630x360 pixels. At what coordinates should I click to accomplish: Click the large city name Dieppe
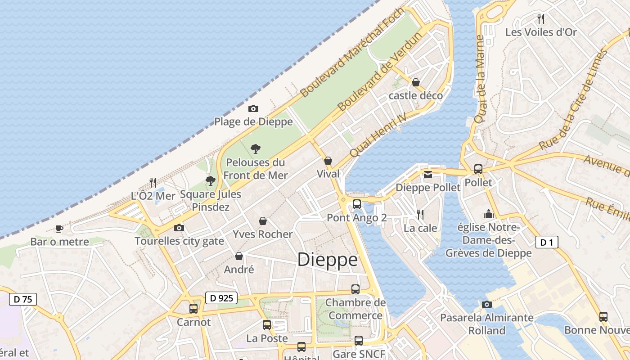[x=327, y=260]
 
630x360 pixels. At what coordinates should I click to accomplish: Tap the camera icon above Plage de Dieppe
[x=253, y=108]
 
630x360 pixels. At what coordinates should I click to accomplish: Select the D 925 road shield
[x=221, y=297]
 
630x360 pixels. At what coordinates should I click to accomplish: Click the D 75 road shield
[x=22, y=299]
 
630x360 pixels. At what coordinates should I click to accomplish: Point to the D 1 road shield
[x=547, y=243]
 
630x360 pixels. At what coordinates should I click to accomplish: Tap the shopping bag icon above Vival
[x=328, y=161]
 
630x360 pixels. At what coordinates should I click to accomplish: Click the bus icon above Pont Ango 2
[x=357, y=204]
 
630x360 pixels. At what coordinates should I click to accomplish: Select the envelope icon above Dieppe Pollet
[x=427, y=174]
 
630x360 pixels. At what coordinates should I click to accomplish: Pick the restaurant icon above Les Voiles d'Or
[x=541, y=19]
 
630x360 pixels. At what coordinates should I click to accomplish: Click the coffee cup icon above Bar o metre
[x=59, y=229]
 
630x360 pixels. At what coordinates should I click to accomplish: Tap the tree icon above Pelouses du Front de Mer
[x=256, y=148]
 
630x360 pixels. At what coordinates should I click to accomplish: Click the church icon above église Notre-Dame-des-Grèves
[x=489, y=214]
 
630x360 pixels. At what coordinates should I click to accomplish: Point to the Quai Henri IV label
[x=378, y=135]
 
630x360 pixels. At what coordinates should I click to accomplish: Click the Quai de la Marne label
[x=480, y=79]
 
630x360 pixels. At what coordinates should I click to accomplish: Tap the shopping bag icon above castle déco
[x=416, y=82]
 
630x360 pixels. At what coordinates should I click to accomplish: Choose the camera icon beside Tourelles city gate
[x=179, y=228]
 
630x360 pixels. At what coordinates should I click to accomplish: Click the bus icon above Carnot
[x=193, y=309]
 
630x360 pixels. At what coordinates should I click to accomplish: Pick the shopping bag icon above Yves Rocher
[x=263, y=221]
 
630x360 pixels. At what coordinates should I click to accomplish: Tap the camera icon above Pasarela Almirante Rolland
[x=486, y=304]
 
